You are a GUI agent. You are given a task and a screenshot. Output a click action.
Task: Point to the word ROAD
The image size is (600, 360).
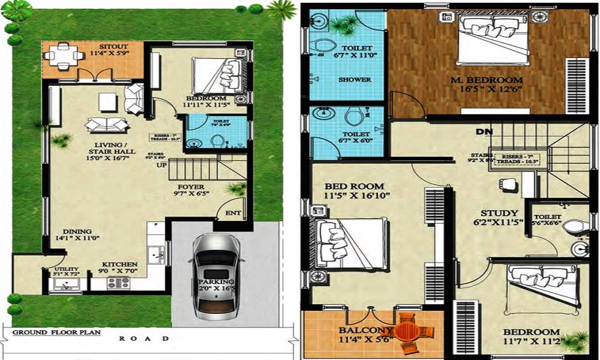144,338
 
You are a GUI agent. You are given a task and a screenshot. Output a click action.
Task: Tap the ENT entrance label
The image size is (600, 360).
233,213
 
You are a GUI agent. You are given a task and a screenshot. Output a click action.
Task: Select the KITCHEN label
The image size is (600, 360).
119,264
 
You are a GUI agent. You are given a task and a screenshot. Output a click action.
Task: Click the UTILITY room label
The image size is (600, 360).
62,269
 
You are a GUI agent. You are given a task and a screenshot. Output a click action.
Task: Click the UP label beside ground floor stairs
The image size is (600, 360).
162,165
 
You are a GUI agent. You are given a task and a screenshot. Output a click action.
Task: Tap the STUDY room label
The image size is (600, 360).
499,213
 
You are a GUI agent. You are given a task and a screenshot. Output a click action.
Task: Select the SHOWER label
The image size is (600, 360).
355,79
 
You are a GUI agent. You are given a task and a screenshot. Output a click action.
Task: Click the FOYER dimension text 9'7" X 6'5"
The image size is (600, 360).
193,194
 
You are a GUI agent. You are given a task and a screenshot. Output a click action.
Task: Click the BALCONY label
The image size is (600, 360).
358,330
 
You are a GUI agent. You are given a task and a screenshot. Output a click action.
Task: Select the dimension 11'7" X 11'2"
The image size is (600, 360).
531,343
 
